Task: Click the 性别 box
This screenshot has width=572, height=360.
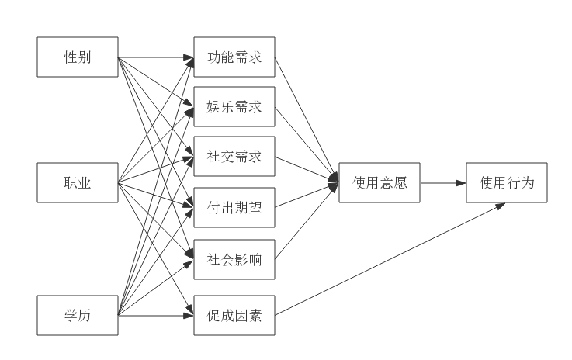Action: click(x=78, y=57)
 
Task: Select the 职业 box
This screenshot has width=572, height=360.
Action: click(x=78, y=183)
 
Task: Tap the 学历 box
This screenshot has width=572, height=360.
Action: click(x=78, y=315)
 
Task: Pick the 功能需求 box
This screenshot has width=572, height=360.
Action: click(x=234, y=57)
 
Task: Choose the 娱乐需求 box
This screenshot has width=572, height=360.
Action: click(x=234, y=106)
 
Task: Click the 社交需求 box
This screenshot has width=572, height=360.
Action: click(x=234, y=157)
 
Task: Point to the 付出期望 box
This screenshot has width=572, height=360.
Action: click(x=234, y=207)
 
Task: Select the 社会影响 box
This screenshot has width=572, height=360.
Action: click(x=234, y=259)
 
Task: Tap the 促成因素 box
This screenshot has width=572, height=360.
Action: click(x=234, y=315)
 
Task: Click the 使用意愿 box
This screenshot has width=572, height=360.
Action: click(x=380, y=183)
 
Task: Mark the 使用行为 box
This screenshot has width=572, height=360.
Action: click(x=507, y=183)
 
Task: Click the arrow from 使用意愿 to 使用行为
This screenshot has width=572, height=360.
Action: click(x=442, y=183)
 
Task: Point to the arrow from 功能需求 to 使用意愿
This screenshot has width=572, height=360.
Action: click(x=307, y=118)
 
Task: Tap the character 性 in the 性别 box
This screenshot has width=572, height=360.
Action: click(x=71, y=57)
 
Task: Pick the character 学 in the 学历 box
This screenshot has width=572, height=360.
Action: click(x=71, y=315)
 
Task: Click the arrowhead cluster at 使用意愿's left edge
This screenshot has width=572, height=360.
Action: click(x=334, y=183)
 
